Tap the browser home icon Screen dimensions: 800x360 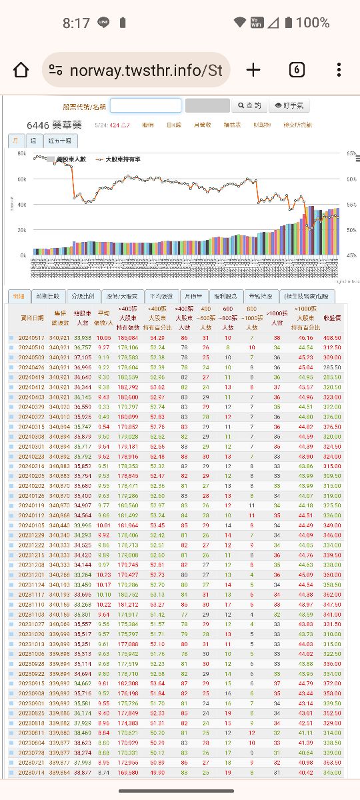(21, 70)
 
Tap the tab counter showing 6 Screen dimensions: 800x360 (297, 70)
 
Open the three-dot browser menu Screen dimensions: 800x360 (339, 70)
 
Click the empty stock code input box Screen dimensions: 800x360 (145, 105)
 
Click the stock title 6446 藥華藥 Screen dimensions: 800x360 (55, 125)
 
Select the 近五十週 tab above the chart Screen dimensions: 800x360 (62, 141)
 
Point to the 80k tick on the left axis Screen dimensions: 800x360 (22, 154)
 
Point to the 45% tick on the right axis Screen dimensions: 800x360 (351, 255)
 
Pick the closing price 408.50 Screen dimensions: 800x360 (332, 338)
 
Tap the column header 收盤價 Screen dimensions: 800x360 (332, 318)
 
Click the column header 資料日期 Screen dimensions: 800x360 (32, 318)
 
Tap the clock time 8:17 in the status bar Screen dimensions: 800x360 (76, 23)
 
